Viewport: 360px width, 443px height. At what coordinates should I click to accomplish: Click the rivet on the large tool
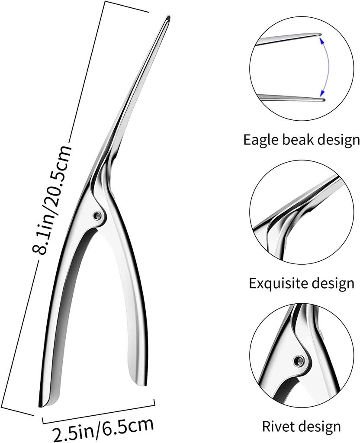pos(97,215)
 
